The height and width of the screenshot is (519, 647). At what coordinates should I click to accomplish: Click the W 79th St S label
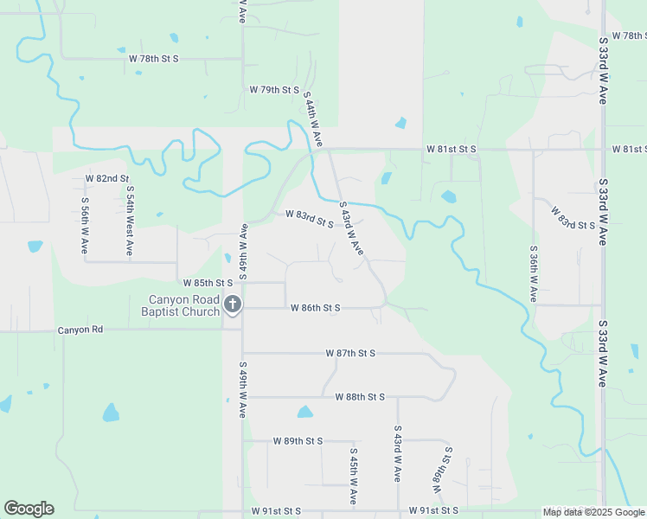[274, 90]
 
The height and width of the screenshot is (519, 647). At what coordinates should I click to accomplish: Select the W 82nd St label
[106, 178]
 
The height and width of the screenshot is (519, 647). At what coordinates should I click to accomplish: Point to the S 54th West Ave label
[130, 220]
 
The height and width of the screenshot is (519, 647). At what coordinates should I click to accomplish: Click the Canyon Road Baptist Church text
[183, 305]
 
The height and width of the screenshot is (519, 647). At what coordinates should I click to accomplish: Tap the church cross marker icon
[233, 304]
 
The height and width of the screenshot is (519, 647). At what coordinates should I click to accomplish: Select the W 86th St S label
[316, 308]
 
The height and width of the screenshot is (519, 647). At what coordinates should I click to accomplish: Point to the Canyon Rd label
[80, 330]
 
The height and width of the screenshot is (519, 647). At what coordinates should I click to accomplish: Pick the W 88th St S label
[360, 397]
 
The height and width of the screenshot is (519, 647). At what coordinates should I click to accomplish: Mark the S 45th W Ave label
[354, 477]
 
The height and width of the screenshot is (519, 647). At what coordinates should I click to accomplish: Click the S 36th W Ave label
[533, 272]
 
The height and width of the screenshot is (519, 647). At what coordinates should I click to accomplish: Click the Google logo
[29, 509]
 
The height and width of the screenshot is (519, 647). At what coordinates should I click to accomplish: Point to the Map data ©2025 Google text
[593, 511]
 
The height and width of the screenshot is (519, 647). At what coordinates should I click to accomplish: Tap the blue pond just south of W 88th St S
[304, 413]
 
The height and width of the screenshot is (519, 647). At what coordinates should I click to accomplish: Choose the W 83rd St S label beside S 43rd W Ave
[310, 219]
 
